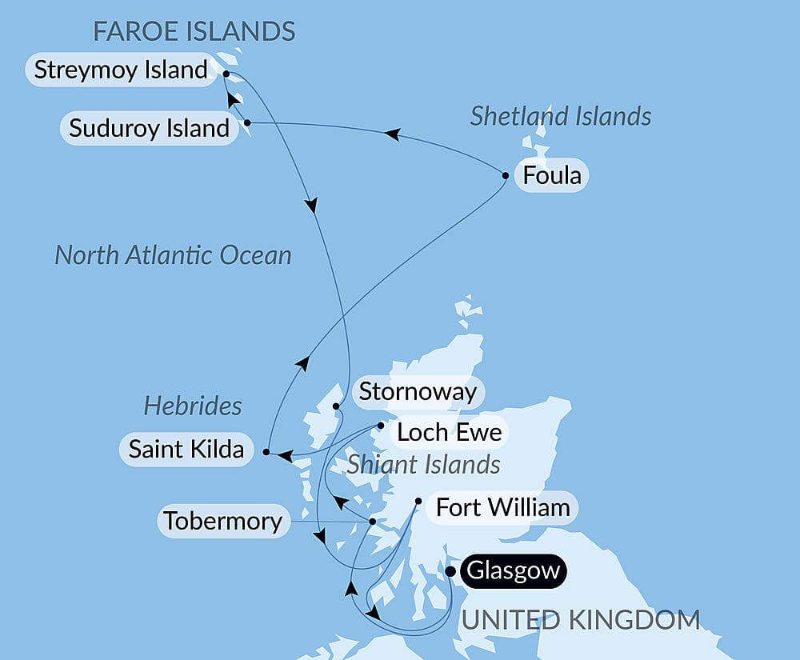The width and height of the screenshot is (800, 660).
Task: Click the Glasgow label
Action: coord(512,572)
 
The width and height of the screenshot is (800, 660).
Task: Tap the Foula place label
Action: coord(551,175)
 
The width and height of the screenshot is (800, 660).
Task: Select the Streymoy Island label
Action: coord(121,70)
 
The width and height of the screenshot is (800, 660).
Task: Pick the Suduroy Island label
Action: coord(149,128)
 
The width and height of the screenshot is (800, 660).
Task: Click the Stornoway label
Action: coord(418,392)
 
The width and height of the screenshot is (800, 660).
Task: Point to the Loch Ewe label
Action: coord(449,433)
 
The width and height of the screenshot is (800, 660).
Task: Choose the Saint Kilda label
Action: coord(186,449)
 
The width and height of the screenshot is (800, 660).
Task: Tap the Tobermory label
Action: coord(222,522)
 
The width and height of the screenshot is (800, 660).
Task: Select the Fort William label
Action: coord(502,507)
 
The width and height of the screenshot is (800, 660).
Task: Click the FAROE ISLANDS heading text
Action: coord(194,31)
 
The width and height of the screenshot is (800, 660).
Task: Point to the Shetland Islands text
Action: coord(560,117)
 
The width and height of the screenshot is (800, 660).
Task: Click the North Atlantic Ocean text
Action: coord(173,255)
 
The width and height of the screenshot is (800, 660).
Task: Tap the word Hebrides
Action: coord(192,406)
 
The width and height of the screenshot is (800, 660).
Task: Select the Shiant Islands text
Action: coord(423,464)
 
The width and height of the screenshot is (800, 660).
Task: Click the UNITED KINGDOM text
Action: coord(581,619)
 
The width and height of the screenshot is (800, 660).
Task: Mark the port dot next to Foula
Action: coord(506,175)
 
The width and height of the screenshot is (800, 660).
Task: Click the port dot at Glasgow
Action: coord(450,571)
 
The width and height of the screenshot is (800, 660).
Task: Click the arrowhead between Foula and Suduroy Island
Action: coord(391,134)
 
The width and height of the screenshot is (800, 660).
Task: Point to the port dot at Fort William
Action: coord(418,502)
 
